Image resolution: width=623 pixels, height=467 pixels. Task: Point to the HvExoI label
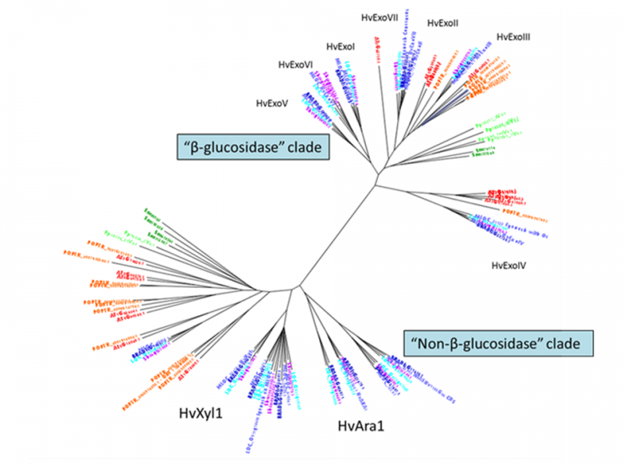click(341, 47)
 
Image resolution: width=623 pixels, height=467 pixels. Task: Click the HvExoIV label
click(509, 266)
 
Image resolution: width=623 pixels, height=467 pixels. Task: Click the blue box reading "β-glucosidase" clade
click(247, 147)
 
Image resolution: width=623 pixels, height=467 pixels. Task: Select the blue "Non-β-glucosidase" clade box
click(498, 342)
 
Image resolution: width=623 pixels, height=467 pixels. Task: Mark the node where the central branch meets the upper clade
click(377, 182)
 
